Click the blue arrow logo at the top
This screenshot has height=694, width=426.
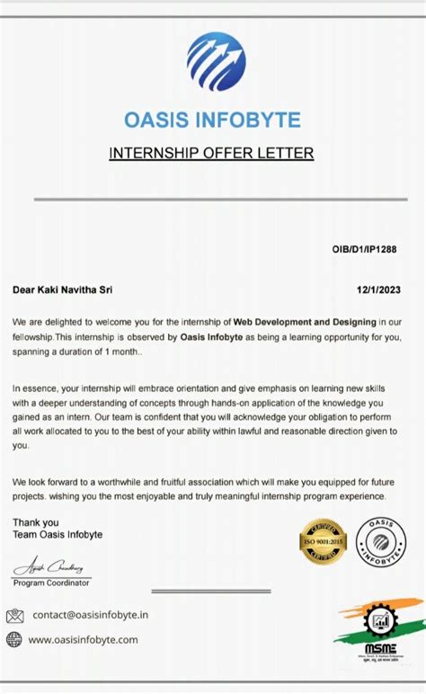tap(216, 61)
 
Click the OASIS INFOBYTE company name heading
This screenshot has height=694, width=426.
tap(212, 120)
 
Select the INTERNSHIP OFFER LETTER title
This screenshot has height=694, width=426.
tap(211, 153)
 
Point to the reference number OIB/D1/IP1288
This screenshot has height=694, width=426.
tap(364, 249)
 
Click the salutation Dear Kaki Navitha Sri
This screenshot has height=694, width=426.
tap(63, 289)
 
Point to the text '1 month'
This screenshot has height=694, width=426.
tap(121, 351)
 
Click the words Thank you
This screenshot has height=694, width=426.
tap(36, 522)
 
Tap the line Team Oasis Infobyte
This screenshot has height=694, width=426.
tap(58, 535)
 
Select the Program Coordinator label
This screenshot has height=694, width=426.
tap(51, 583)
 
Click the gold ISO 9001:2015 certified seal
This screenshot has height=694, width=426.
tap(323, 544)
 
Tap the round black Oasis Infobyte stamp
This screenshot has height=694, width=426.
tap(380, 543)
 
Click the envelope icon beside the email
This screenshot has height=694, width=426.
tap(14, 616)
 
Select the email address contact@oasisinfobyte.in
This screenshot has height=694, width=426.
tap(90, 616)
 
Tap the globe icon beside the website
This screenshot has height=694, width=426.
tap(14, 639)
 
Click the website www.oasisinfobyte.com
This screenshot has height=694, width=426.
tap(84, 639)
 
